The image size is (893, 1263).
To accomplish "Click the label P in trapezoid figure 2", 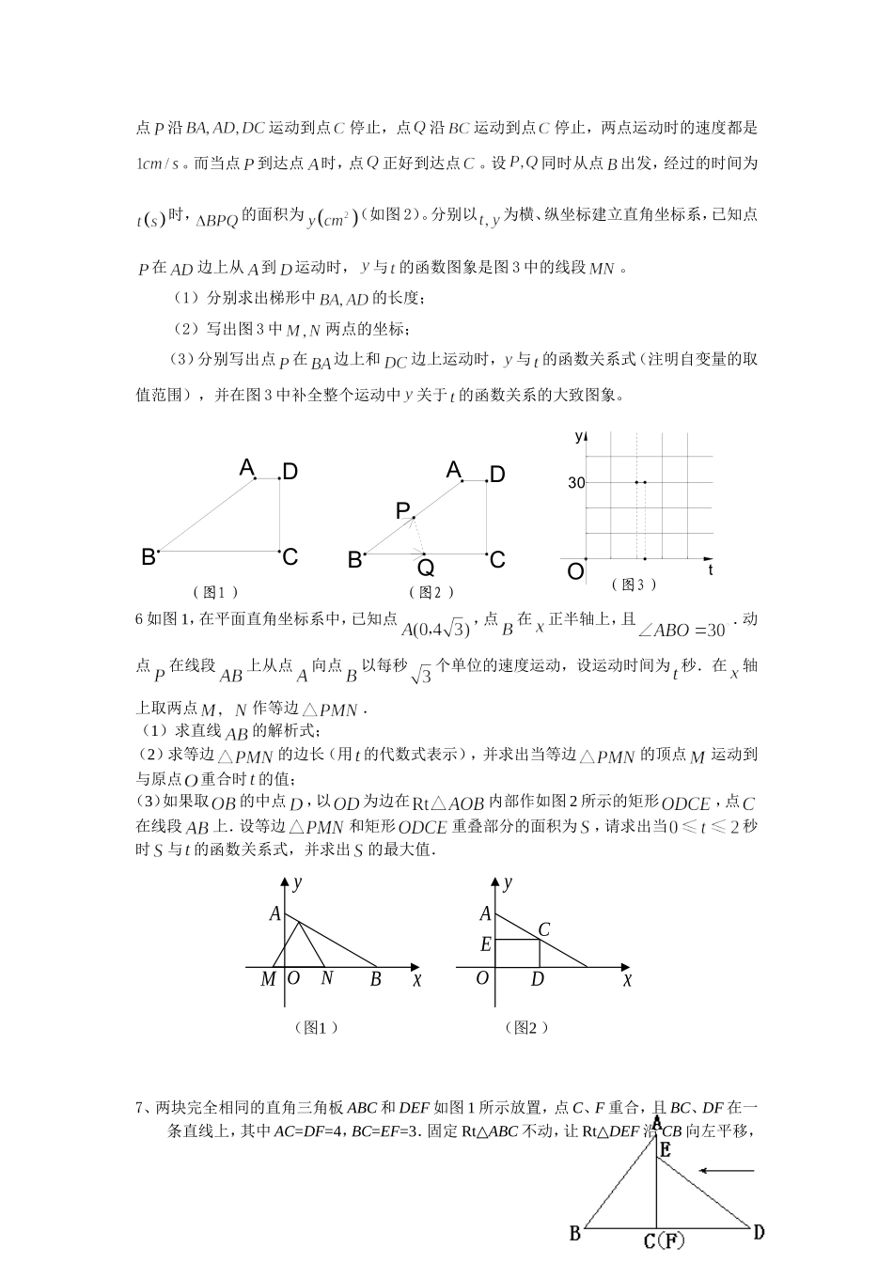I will tap(403, 510).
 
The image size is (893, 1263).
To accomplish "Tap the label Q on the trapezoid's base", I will tap(425, 569).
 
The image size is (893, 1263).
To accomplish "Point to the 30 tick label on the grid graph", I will tap(575, 483).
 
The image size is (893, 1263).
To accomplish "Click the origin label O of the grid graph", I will tap(575, 570).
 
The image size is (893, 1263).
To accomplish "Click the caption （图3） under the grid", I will tap(634, 585).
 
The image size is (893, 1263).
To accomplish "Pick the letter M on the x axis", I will tap(268, 979).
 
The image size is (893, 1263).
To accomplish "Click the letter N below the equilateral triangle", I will tap(326, 978).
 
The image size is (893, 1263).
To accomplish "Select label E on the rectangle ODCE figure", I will tap(485, 944).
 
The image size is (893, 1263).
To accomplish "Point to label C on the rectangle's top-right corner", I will tap(543, 929).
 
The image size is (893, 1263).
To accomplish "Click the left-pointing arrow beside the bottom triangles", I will tap(728, 1171).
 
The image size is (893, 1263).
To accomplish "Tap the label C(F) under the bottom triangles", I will tap(664, 1242).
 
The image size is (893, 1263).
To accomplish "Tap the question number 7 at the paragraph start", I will tap(141, 1107).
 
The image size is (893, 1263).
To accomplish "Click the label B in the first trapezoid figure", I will tap(149, 556).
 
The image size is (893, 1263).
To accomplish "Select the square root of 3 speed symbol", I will tap(422, 674).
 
